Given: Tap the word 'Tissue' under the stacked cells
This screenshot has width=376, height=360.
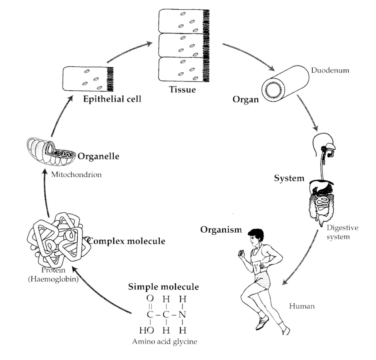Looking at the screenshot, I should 182,90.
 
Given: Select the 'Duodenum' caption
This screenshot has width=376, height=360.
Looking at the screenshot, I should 330,70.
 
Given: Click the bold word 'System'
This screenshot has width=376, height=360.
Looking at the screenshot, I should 289,178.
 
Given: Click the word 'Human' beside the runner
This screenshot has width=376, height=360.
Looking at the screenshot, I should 302,306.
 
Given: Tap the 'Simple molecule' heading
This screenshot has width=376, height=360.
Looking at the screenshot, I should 163,287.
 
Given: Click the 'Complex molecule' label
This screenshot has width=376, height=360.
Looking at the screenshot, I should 127,241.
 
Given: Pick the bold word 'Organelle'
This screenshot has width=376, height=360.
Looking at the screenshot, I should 98,157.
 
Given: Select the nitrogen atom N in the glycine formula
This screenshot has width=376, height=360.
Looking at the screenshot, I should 182,314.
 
